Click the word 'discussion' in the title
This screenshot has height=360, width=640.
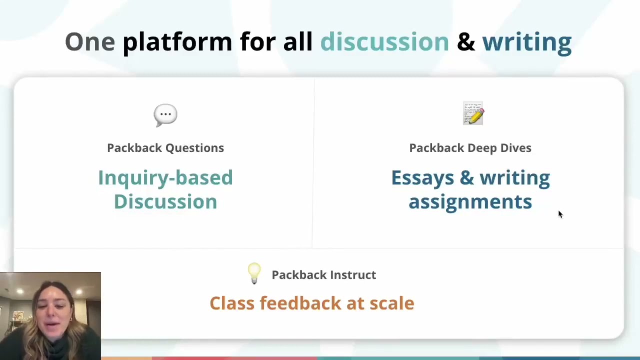[x=384, y=41]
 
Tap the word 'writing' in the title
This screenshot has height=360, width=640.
[x=526, y=41]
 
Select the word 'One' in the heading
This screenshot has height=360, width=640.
[x=90, y=41]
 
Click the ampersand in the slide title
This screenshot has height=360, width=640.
[x=465, y=41]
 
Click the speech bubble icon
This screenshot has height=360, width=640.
[x=165, y=115]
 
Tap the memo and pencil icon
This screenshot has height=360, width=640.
[x=473, y=113]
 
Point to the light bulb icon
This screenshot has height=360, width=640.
[x=254, y=273]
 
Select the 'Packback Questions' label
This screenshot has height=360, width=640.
[x=165, y=148]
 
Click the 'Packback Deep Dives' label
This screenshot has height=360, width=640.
[x=470, y=148]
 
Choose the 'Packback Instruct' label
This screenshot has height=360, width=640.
[x=323, y=275]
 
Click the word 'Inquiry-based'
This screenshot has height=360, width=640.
[x=165, y=178]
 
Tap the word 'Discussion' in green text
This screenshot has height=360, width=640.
[x=165, y=202]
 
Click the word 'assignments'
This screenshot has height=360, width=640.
[x=470, y=202]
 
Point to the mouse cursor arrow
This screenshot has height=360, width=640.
[x=560, y=214]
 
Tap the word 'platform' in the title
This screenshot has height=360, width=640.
[x=177, y=41]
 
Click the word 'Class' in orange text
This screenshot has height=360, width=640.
[x=231, y=303]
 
